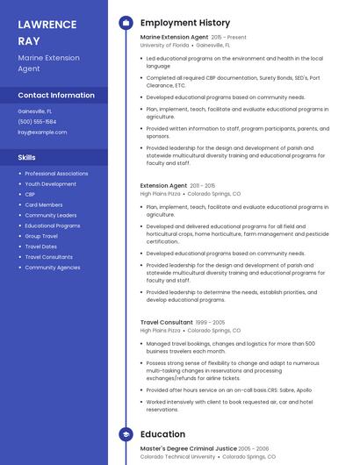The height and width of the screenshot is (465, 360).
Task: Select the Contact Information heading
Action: click(x=56, y=95)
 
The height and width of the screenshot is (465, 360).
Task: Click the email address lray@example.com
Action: click(x=42, y=132)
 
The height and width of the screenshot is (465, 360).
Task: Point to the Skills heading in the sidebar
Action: click(x=27, y=157)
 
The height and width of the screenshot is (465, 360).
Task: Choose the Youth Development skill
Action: click(x=50, y=184)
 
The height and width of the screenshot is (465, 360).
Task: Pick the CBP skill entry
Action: click(x=31, y=195)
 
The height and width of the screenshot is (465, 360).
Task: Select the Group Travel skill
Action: click(x=41, y=236)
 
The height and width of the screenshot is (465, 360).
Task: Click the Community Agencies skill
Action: click(x=52, y=268)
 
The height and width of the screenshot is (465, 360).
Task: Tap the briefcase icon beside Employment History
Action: click(x=126, y=23)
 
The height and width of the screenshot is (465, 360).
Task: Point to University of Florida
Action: click(x=164, y=45)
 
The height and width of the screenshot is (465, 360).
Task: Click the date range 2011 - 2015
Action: click(x=203, y=186)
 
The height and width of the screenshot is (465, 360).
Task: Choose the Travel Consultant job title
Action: click(x=166, y=323)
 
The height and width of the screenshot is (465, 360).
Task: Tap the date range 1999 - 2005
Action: click(x=210, y=323)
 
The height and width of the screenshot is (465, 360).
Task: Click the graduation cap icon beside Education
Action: click(x=126, y=434)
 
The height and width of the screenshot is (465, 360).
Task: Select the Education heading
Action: click(x=162, y=434)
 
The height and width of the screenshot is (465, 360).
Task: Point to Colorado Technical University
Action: click(x=177, y=456)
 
